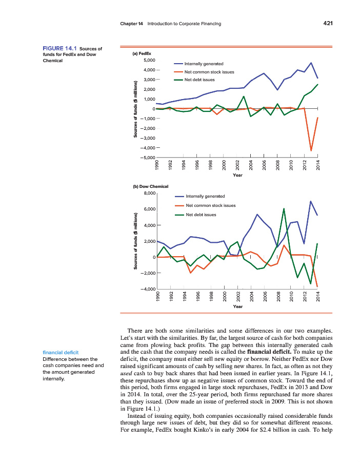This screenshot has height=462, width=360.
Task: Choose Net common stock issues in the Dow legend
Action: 210,205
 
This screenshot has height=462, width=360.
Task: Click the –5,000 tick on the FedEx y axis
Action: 147,157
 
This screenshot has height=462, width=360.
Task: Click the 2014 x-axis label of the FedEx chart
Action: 318,165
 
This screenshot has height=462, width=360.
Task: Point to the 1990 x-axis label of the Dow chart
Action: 157,298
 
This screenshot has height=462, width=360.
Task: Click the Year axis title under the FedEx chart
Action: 237,175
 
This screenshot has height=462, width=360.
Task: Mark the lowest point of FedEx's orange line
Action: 311,150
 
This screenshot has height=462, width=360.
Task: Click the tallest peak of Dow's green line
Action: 284,208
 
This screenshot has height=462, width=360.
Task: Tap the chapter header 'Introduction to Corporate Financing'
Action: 184,24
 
